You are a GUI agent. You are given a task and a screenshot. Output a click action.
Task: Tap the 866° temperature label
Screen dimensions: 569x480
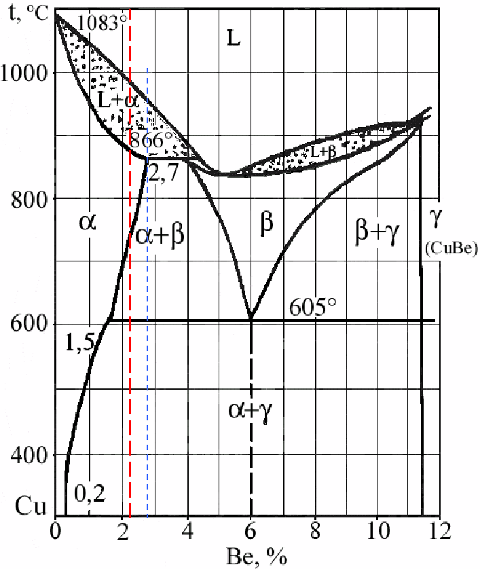click(152, 141)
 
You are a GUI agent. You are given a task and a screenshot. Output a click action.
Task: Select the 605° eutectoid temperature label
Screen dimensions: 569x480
click(314, 307)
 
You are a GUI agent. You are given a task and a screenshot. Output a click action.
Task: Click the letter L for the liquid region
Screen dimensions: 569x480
click(233, 39)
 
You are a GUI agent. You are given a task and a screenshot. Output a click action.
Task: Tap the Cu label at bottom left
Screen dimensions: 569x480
click(30, 507)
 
